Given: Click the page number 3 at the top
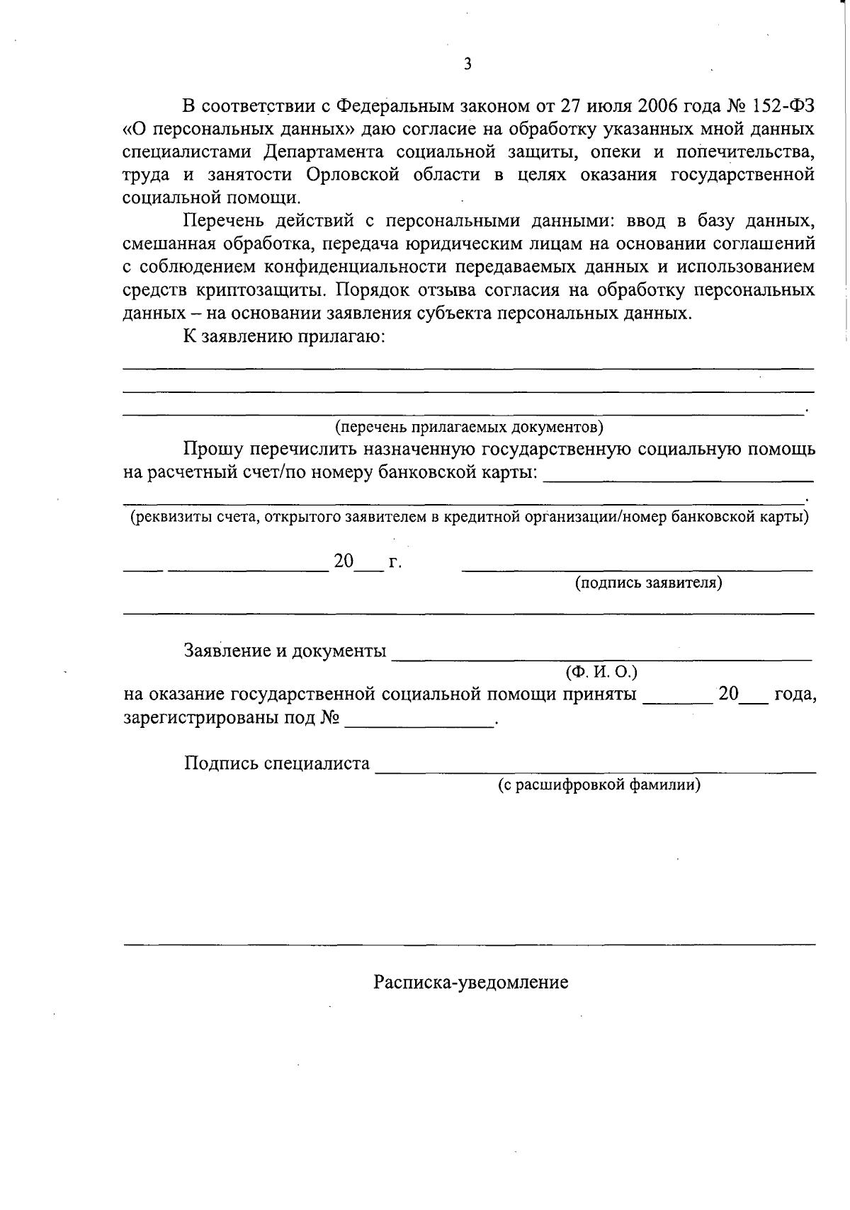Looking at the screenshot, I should pyautogui.click(x=467, y=64).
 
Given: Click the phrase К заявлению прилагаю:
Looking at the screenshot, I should pyautogui.click(x=283, y=336).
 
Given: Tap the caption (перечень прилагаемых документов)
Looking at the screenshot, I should pyautogui.click(x=469, y=427).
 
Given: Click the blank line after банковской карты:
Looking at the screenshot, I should pyautogui.click(x=678, y=479).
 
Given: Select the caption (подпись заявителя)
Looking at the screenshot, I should pyautogui.click(x=648, y=583).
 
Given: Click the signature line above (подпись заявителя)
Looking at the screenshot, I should pyautogui.click(x=637, y=567).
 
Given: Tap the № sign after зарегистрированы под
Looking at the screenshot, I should pyautogui.click(x=330, y=718).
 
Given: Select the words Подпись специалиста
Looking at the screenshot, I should pyautogui.click(x=277, y=763).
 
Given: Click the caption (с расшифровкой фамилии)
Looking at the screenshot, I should pyautogui.click(x=599, y=784).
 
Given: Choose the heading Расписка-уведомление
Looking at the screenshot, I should pyautogui.click(x=471, y=983).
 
